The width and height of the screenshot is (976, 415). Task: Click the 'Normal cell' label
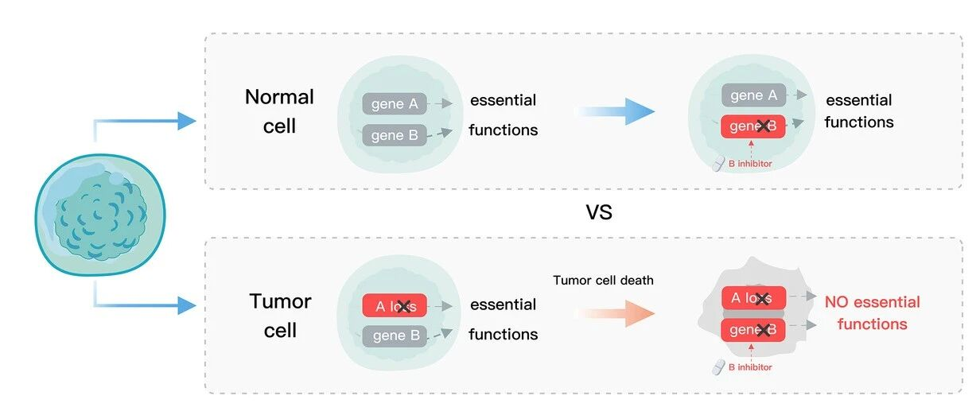point(279,111)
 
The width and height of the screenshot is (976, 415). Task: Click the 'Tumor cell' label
point(280,315)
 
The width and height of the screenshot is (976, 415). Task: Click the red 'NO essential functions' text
point(872,312)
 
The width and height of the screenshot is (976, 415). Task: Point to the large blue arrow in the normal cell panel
point(617,111)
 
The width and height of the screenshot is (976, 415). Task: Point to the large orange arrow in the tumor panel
point(618,314)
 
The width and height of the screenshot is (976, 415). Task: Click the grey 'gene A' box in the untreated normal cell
point(395,103)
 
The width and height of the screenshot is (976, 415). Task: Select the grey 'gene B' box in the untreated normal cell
point(395,135)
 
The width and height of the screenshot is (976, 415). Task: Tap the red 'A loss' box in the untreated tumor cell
point(395,306)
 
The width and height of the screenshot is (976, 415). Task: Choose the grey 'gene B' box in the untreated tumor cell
point(395,335)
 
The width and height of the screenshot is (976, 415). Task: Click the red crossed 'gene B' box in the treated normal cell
point(753,126)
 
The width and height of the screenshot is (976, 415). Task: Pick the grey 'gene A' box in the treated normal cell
point(753,95)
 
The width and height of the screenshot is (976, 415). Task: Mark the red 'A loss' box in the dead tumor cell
point(753,298)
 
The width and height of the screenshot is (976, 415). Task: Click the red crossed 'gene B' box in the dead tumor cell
point(753,329)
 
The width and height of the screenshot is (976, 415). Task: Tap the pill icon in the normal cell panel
point(718,164)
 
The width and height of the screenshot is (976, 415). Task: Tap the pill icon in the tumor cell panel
point(718,367)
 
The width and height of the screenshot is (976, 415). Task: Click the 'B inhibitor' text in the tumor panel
point(750,367)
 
